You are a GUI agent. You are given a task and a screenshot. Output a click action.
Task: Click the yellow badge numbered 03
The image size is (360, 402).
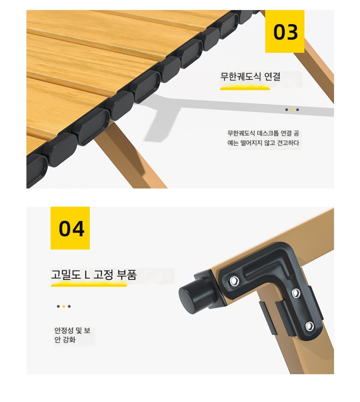pyautogui.click(x=284, y=31)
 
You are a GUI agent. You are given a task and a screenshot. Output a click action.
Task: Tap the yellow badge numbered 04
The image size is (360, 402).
pyautogui.click(x=70, y=228)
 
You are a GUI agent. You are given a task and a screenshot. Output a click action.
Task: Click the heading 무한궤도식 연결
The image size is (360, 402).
pyautogui.click(x=250, y=76)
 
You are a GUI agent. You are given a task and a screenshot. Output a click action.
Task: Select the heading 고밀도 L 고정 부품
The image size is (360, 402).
pyautogui.click(x=94, y=275)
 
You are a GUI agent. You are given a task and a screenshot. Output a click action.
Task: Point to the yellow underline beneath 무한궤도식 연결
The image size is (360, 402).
pyautogui.click(x=245, y=89)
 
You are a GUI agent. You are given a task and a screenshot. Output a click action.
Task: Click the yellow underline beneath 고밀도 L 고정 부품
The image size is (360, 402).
pyautogui.click(x=89, y=285)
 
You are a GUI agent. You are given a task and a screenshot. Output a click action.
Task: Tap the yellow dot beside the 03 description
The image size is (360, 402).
pyautogui.click(x=292, y=110)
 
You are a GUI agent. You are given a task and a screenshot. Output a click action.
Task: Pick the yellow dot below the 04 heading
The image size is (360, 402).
pyautogui.click(x=64, y=306)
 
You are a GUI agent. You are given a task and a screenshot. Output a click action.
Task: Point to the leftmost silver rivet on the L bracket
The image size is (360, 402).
pyautogui.click(x=234, y=281)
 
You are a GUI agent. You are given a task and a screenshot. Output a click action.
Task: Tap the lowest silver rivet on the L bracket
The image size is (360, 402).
pyautogui.click(x=309, y=326)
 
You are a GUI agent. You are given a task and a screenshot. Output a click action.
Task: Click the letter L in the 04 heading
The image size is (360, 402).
pyautogui.click(x=87, y=275)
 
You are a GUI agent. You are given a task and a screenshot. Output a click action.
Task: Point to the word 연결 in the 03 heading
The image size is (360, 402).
pyautogui.click(x=272, y=76)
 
